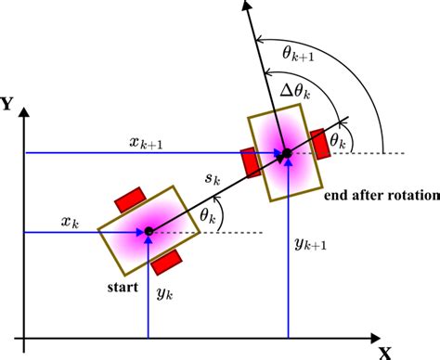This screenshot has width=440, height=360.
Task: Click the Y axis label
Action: pos(8,104)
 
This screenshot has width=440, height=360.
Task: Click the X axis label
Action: pos(385,351)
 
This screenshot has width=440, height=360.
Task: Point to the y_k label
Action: pos(164,294)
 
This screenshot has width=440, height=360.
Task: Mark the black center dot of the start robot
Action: pos(148,230)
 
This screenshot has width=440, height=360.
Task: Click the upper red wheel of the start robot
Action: pos(128,199)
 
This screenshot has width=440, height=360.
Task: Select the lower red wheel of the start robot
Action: pos(167,262)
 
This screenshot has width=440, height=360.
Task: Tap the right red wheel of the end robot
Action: pos(320,138)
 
